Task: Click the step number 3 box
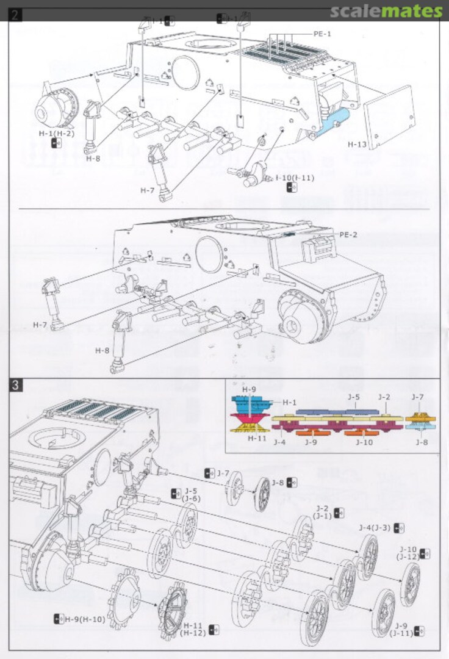pos(15,386)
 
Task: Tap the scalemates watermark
pos(387,10)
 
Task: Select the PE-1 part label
pos(322,34)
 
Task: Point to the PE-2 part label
pos(348,234)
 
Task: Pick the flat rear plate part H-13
pos(390,117)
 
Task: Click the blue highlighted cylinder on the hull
pos(334,122)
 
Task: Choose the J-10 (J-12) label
pos(408,553)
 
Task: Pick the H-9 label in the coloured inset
pos(248,389)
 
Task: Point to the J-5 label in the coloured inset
pos(353,397)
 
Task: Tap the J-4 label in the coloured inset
pos(280,442)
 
